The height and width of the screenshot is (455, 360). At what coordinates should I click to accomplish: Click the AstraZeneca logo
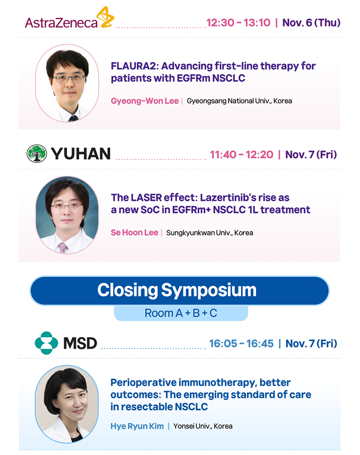click(69, 18)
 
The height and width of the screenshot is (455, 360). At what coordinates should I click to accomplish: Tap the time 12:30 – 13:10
click(238, 22)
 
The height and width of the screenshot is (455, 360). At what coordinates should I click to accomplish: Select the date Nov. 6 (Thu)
click(311, 22)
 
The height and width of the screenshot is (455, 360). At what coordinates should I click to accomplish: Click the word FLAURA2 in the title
click(135, 66)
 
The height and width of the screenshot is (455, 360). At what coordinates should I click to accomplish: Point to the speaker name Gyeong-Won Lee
click(144, 101)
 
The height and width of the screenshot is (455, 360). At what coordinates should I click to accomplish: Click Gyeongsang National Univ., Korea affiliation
click(239, 101)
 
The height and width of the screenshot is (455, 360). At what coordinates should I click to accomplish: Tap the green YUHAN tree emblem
click(36, 153)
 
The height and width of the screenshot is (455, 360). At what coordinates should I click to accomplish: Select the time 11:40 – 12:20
click(242, 154)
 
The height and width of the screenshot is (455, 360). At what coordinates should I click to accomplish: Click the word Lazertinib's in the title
click(228, 198)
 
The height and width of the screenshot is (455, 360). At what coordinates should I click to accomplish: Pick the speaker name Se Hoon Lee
click(135, 232)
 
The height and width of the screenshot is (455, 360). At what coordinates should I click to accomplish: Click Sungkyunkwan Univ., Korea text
click(210, 233)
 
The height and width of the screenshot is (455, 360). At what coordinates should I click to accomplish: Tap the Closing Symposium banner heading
click(177, 290)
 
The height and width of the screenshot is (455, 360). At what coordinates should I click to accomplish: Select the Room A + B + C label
click(181, 313)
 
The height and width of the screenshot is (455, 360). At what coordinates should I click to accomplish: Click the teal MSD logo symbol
click(46, 343)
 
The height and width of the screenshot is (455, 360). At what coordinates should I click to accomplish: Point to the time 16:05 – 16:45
click(241, 343)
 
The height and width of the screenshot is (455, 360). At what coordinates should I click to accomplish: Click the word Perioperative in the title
click(144, 383)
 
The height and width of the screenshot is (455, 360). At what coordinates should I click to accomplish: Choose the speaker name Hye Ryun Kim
click(137, 426)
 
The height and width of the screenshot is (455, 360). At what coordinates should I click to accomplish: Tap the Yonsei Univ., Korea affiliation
click(203, 426)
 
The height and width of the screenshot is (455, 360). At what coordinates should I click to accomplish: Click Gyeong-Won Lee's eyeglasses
click(68, 78)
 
